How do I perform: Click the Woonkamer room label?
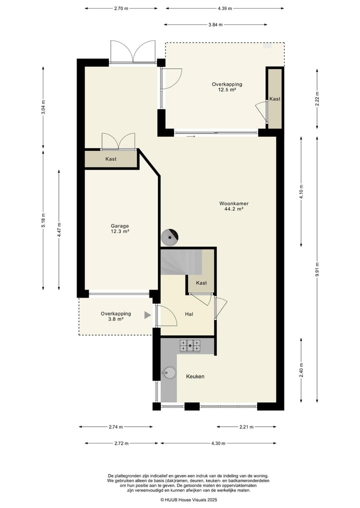point(234,203)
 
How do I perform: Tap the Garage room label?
point(119,226)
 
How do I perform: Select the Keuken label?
point(195,377)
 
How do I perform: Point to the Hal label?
point(189,314)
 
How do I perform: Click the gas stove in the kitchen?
point(190,345)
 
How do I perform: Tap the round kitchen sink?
point(169,373)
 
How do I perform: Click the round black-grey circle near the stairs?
point(169,237)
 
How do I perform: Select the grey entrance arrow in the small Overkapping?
point(147,315)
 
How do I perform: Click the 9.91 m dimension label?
point(316,270)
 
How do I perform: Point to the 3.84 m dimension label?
point(215,24)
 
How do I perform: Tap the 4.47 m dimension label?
point(59,230)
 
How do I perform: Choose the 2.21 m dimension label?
point(246,427)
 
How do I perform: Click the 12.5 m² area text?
point(226,90)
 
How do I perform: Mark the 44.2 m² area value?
point(234,209)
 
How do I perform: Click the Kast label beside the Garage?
point(111,159)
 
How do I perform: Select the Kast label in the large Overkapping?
point(274,99)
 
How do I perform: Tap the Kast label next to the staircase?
point(201,283)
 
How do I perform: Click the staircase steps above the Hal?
point(181,262)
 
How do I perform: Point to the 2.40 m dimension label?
point(301,370)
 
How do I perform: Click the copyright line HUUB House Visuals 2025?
point(189,500)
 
